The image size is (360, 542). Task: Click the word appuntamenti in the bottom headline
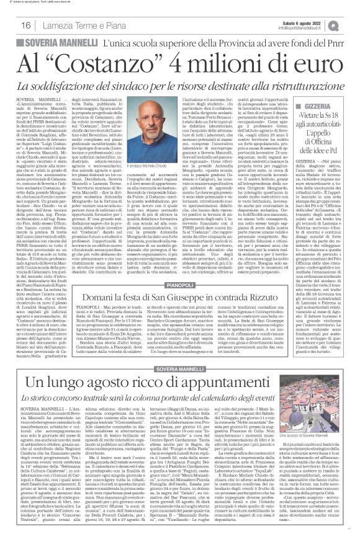pyautogui.click(x=221, y=350)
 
